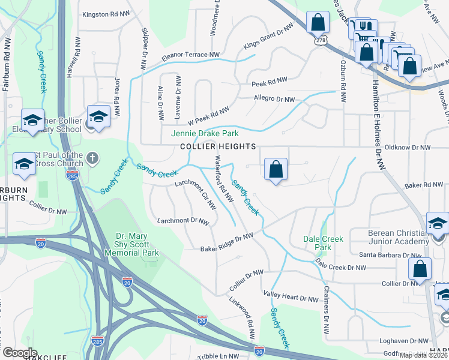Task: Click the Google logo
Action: pos(20,353)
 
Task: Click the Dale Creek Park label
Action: pos(324,243)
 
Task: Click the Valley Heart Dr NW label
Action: pos(291,298)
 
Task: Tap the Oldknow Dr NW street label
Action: pos(408,147)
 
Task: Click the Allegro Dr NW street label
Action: pos(274,100)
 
